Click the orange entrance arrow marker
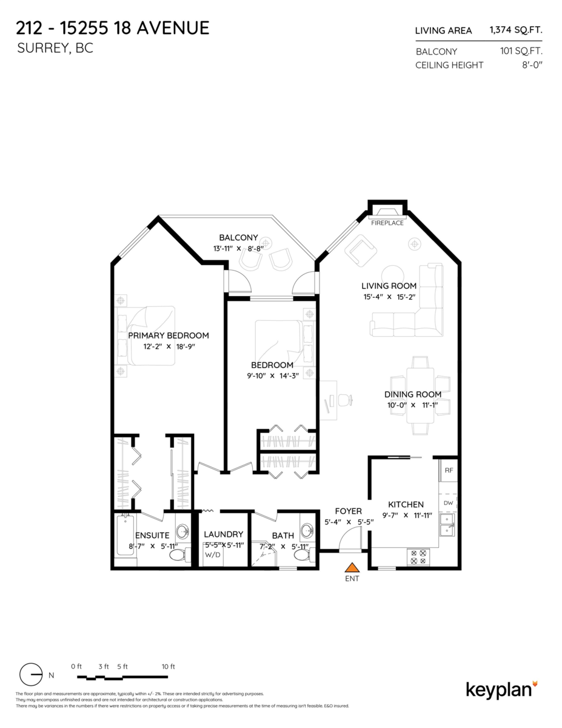(x=352, y=567)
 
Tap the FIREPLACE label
(x=387, y=223)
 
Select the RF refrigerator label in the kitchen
(x=449, y=470)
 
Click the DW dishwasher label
(x=448, y=503)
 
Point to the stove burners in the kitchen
(x=418, y=557)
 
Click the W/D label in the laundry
(x=213, y=554)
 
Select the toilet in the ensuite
(x=179, y=553)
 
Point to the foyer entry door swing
(x=349, y=539)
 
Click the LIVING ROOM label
(x=389, y=286)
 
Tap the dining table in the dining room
(x=420, y=395)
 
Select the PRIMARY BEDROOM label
(x=169, y=335)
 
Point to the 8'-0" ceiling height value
(x=531, y=65)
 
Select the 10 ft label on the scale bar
(x=168, y=666)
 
